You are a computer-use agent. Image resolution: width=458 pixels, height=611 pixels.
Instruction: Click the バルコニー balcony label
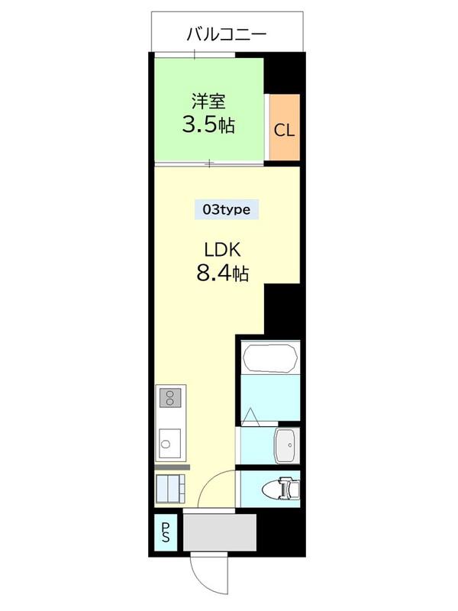[227, 34]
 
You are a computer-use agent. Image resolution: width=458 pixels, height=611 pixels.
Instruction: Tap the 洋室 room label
[208, 102]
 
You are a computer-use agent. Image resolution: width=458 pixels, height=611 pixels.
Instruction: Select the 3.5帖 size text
[208, 124]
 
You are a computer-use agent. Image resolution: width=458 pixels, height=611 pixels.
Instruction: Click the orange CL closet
[285, 127]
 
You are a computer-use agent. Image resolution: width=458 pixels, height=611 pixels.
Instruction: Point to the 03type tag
[227, 209]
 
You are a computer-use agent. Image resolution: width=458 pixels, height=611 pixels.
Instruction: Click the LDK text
[223, 250]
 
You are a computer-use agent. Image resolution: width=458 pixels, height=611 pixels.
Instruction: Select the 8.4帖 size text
[223, 273]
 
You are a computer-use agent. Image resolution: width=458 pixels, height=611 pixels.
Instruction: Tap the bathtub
[270, 357]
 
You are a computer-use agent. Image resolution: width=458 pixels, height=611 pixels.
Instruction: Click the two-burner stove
[170, 397]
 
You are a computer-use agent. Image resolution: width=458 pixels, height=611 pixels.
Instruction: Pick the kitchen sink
[170, 444]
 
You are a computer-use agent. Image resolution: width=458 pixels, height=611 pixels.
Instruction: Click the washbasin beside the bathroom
[287, 445]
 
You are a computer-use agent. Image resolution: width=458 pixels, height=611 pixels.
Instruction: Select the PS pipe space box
[166, 532]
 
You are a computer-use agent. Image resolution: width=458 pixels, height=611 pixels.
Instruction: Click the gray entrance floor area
[220, 532]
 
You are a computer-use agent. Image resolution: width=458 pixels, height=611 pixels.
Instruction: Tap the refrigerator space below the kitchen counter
[170, 489]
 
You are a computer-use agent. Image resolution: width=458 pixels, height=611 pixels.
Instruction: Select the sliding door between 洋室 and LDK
[209, 163]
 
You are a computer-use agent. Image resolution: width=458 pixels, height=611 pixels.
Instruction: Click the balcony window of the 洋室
[195, 54]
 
